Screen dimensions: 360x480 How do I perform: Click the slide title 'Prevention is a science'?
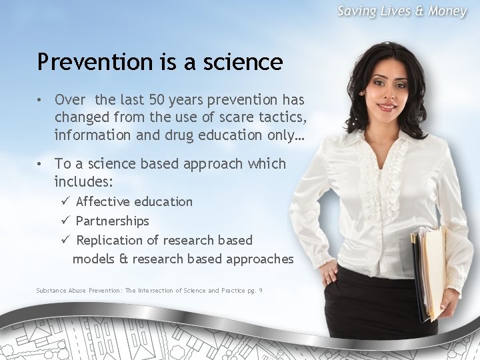click(160, 62)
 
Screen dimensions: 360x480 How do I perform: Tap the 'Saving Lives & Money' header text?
click(401, 11)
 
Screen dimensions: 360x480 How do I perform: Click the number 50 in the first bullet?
click(157, 100)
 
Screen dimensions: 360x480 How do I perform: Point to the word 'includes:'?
click(83, 181)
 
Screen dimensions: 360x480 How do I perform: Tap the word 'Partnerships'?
click(112, 221)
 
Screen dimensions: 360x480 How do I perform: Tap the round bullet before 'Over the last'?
click(41, 100)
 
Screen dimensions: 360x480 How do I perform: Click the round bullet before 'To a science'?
click(41, 164)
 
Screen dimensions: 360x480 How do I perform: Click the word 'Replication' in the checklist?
click(109, 240)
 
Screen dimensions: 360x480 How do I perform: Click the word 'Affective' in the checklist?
click(103, 201)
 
